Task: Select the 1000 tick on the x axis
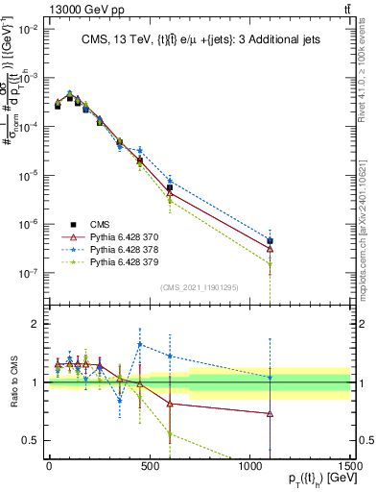(x=250, y=465)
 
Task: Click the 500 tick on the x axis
(x=150, y=465)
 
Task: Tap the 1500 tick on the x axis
(x=349, y=465)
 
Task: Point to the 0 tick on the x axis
(x=49, y=465)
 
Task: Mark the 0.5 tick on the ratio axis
(x=34, y=440)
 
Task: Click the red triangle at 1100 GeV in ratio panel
(x=270, y=414)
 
